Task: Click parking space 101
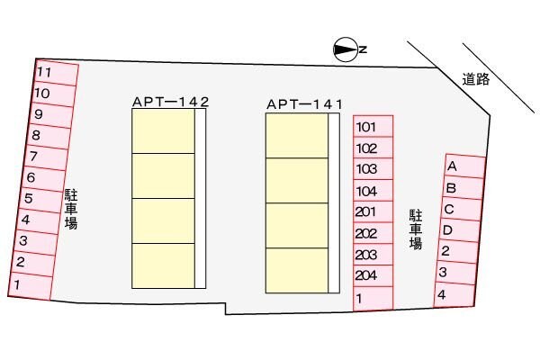click(373, 127)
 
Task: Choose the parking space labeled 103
click(373, 169)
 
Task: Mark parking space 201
click(373, 212)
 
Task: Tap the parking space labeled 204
click(373, 277)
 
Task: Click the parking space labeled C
click(460, 210)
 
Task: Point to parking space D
click(457, 230)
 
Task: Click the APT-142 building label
click(170, 103)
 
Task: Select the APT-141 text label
click(305, 104)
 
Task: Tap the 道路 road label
click(476, 79)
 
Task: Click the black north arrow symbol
click(345, 50)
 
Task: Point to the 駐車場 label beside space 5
click(70, 209)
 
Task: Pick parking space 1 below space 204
click(373, 299)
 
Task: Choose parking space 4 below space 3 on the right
click(453, 294)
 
